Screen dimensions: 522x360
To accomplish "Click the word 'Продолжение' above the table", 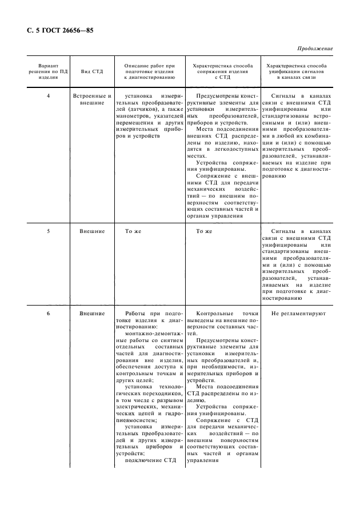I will (315, 49).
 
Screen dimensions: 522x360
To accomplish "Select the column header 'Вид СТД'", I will (91, 71).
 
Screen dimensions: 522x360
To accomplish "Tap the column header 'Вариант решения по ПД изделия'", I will (48, 71).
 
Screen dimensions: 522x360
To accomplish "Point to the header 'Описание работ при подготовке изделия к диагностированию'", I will (149, 71).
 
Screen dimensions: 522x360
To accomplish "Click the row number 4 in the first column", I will (48, 96).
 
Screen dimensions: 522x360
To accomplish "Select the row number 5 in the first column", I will (48, 231).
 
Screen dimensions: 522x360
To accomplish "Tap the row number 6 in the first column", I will (48, 314).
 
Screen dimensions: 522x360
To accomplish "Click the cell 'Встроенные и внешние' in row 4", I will (91, 99).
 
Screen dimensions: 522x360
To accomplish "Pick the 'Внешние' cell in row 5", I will (91, 231).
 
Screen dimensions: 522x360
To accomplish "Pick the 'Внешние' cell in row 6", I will (91, 314).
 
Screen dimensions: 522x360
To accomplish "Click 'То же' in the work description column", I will (133, 231).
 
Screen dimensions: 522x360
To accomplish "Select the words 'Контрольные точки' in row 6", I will (223, 314).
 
